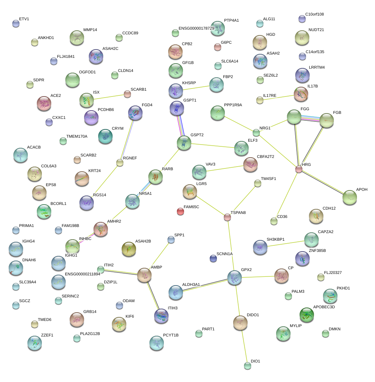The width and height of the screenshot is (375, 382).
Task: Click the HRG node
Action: click(x=298, y=169)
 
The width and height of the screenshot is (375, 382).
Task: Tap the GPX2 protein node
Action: click(x=235, y=277)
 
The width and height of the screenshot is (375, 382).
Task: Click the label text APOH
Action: click(x=362, y=189)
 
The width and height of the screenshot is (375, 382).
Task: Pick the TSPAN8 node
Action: click(x=227, y=217)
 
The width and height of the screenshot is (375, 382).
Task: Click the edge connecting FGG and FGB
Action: click(x=310, y=119)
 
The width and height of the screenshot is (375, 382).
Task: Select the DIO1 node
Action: click(x=247, y=366)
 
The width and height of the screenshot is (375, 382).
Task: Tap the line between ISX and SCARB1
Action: click(x=107, y=97)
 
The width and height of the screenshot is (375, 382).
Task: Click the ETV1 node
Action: click(x=16, y=23)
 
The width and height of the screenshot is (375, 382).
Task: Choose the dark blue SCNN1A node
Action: click(x=213, y=258)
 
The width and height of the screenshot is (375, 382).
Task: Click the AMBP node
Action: click(x=144, y=275)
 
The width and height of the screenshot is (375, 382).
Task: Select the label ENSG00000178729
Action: click(x=196, y=28)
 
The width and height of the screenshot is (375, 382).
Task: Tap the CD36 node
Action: click(x=274, y=221)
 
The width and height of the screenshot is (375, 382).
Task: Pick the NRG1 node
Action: click(x=256, y=133)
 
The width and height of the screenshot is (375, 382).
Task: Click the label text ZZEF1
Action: click(x=47, y=335)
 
